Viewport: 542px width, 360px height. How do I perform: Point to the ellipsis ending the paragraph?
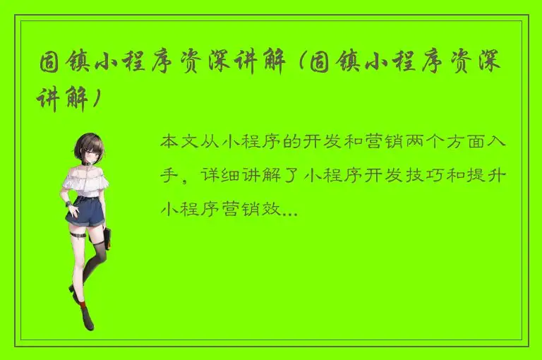click(289, 210)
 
